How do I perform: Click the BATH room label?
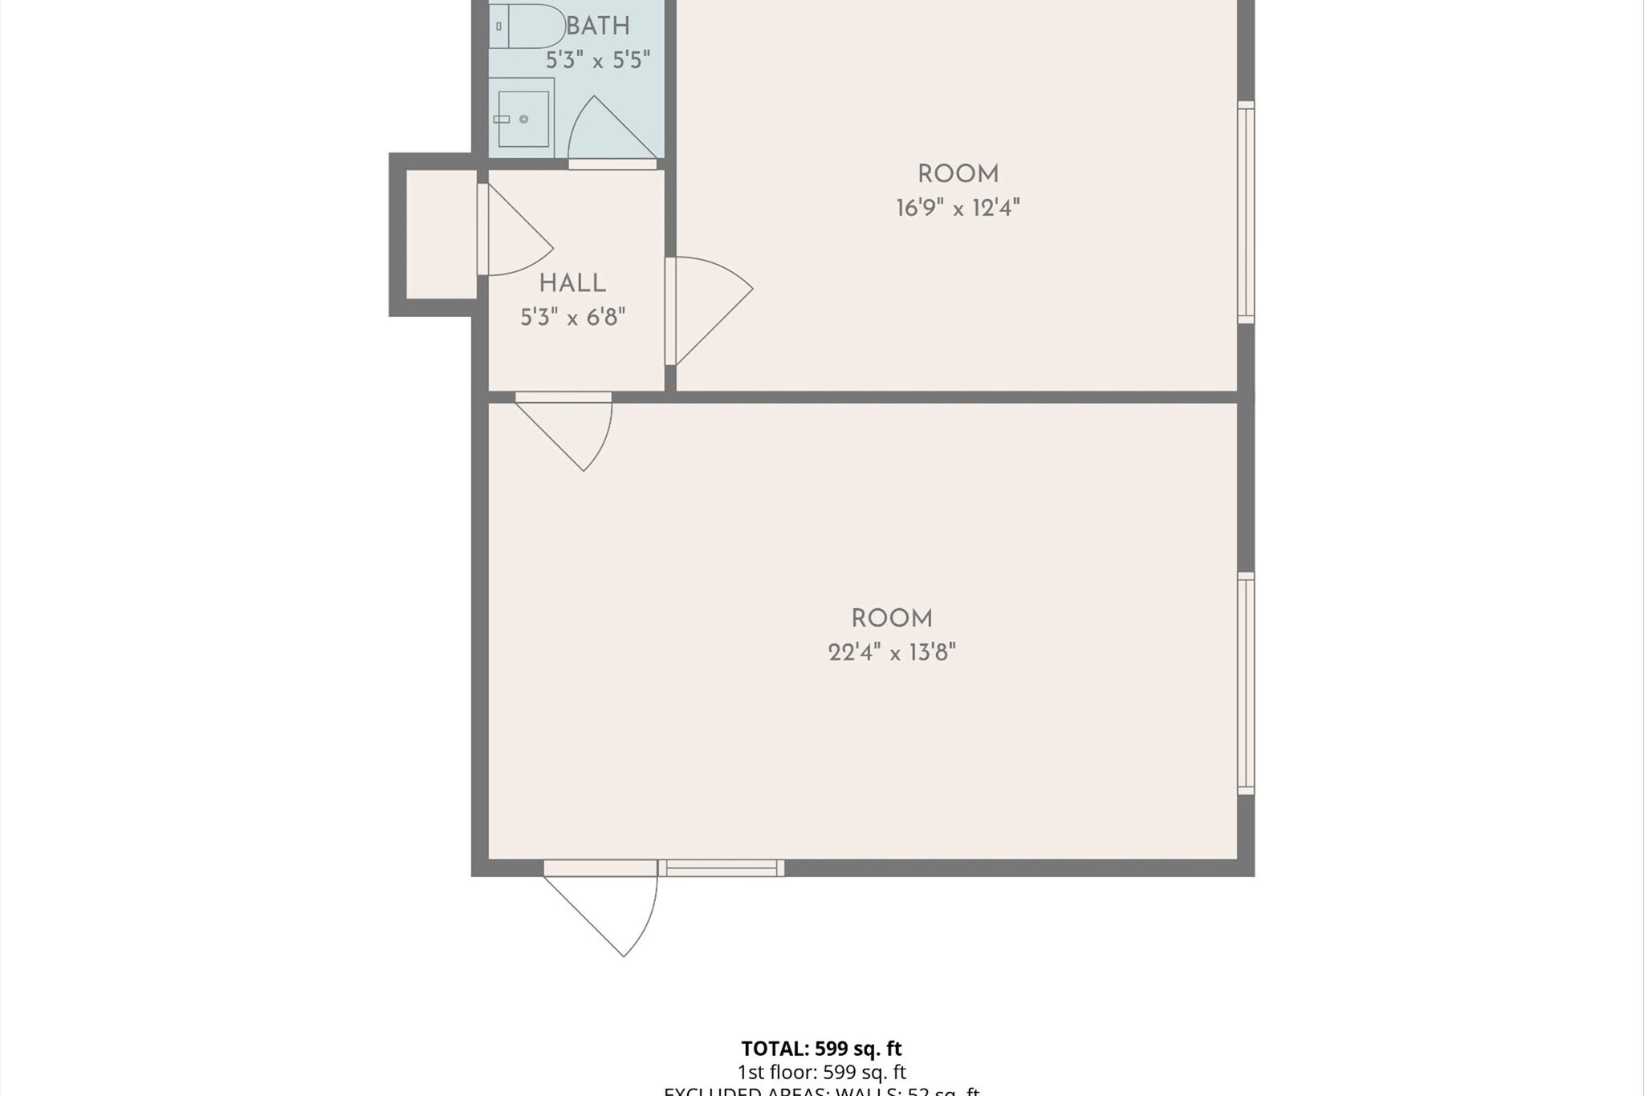[x=598, y=26]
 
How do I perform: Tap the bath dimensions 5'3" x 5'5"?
[x=598, y=60]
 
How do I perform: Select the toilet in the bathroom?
[x=526, y=26]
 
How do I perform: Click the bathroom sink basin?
[x=523, y=119]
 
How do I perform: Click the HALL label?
[x=572, y=283]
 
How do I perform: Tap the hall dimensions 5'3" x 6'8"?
[x=572, y=318]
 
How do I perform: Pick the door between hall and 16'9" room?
[x=706, y=309]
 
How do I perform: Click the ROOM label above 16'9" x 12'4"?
[x=958, y=174]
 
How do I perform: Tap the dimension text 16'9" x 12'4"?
[x=958, y=209]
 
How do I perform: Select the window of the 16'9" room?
[x=1246, y=213]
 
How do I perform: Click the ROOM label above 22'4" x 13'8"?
[x=892, y=619]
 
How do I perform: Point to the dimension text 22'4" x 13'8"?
[x=892, y=652]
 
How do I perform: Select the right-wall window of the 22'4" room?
[x=1246, y=684]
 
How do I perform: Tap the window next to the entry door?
[x=721, y=867]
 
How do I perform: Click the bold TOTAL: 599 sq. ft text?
[x=821, y=1048]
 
